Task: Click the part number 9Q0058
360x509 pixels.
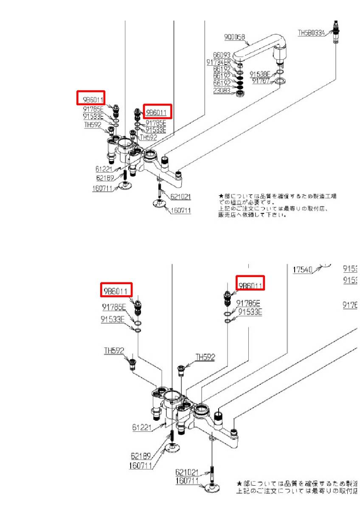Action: tap(234, 37)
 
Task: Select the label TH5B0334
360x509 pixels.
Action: tap(311, 32)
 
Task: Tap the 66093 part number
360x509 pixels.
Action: tap(222, 55)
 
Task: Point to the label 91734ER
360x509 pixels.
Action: tap(219, 62)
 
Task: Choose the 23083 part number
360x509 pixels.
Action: tap(222, 91)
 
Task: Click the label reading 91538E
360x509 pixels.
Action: tap(260, 73)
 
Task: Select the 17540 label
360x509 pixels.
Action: tap(303, 269)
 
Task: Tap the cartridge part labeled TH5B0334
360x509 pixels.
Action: tap(336, 32)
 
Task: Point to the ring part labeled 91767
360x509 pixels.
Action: tap(280, 81)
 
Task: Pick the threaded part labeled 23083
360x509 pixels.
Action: tap(240, 92)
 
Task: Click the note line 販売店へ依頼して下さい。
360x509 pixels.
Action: tap(253, 215)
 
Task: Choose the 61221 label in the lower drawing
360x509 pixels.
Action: tap(141, 428)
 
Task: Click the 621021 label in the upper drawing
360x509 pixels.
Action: tap(180, 197)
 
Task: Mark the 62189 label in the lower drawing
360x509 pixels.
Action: tap(141, 456)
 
